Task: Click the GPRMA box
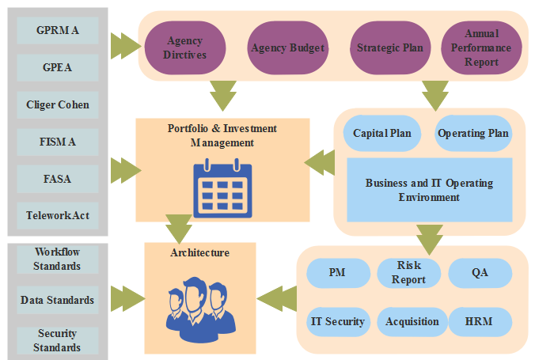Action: click(x=58, y=31)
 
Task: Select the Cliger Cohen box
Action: click(x=58, y=104)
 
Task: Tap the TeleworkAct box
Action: click(x=58, y=215)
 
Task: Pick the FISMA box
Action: click(x=58, y=142)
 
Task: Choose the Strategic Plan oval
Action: click(x=389, y=47)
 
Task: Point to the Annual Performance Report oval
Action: click(x=481, y=47)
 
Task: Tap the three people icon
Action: click(x=201, y=305)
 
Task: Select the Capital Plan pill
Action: click(x=382, y=133)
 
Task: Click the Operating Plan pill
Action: click(x=473, y=133)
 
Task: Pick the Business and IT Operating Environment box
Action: click(x=429, y=190)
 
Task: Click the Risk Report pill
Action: click(x=408, y=273)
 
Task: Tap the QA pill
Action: click(x=480, y=273)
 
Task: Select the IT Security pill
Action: click(x=337, y=321)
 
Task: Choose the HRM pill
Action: click(x=480, y=321)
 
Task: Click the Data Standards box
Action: click(x=58, y=300)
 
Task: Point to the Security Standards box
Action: click(x=58, y=341)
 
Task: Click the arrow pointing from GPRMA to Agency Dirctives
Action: click(x=124, y=46)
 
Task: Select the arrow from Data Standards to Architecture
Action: click(x=126, y=299)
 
